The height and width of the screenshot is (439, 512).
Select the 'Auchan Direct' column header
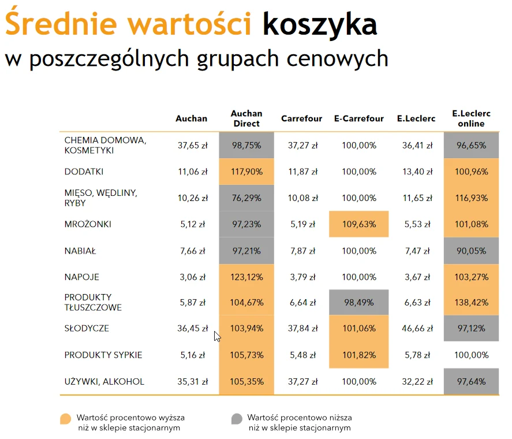tap(246, 118)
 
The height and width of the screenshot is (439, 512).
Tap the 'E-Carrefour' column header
tap(358, 119)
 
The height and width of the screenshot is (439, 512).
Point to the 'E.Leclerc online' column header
tap(471, 118)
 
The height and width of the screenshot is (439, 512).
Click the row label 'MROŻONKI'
tap(88, 224)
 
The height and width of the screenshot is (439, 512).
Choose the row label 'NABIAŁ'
tap(80, 251)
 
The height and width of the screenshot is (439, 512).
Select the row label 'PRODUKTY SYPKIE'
tap(103, 355)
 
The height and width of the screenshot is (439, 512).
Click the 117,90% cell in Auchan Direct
tap(246, 172)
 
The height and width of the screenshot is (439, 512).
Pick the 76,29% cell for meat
tap(246, 198)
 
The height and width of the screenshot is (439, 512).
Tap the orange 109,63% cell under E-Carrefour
tap(358, 224)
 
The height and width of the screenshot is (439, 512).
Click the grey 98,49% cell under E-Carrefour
tap(358, 303)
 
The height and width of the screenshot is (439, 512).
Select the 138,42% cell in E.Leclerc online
tap(471, 303)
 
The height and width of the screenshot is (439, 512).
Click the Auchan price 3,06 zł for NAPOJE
tap(192, 277)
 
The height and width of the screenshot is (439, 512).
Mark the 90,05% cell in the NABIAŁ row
tap(471, 251)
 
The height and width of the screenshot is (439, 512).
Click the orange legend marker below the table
tap(66, 419)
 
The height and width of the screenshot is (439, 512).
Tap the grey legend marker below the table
tap(237, 419)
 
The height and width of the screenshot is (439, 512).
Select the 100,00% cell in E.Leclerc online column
tap(471, 355)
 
